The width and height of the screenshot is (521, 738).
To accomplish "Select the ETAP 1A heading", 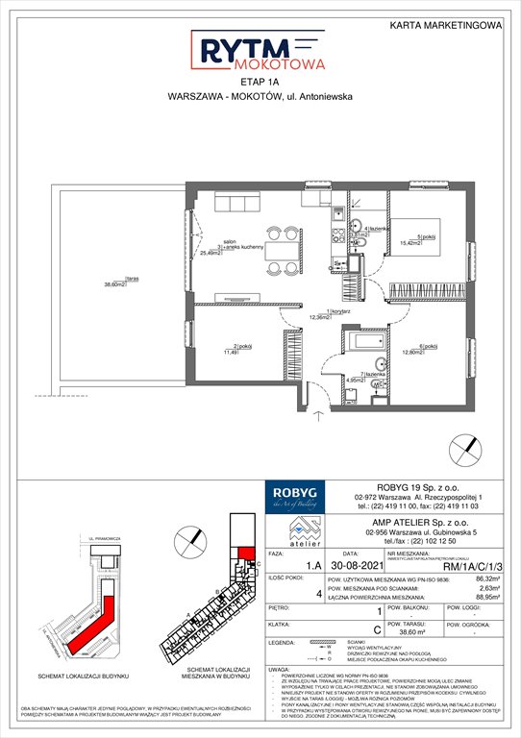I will point(260,84).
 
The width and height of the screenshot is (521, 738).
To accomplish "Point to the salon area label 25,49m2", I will point(203,253).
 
